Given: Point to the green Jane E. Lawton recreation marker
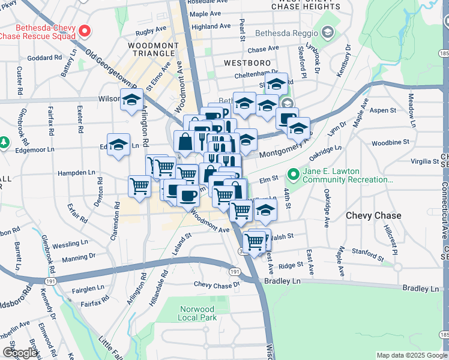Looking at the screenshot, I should tap(293, 175).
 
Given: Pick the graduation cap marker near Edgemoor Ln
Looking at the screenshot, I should tap(119, 145).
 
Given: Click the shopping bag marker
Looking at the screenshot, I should tap(185, 142).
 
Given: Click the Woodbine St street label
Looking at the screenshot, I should tap(390, 142).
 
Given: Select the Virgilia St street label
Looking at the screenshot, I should tap(425, 161).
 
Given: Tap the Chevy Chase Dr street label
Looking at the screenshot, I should tap(216, 284).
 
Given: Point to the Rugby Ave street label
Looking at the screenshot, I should tap(151, 29).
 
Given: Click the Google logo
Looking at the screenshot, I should tap(20, 353).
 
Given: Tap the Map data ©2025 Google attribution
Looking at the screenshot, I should tap(411, 355).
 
